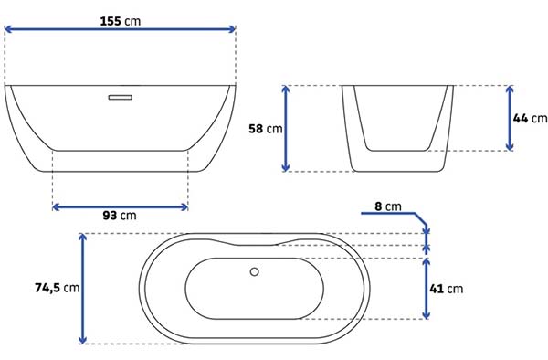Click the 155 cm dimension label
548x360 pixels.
click(x=121, y=21)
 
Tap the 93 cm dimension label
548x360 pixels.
click(x=120, y=216)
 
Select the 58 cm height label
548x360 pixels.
click(x=265, y=129)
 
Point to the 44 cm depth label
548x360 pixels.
click(x=530, y=118)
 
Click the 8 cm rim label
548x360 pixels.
click(x=388, y=206)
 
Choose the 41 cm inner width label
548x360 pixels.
click(x=447, y=289)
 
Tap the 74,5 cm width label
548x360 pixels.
click(x=58, y=288)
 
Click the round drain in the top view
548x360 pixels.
click(x=255, y=271)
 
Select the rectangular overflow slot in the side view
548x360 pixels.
click(x=121, y=97)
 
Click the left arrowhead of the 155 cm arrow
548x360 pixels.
click(x=7, y=29)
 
